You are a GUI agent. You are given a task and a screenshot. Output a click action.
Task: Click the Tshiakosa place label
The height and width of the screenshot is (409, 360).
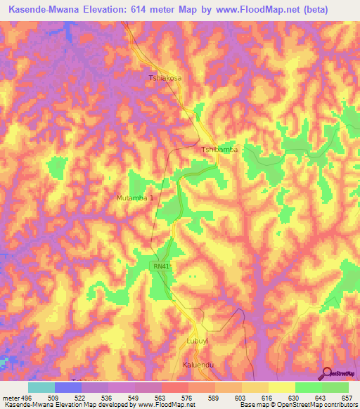(165, 78)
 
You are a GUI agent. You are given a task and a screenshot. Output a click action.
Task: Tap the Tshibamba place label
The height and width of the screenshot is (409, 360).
(220, 150)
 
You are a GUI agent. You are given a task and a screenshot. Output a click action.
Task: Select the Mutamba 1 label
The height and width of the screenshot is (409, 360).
(134, 198)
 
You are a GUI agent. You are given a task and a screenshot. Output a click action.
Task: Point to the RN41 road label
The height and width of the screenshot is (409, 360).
(162, 266)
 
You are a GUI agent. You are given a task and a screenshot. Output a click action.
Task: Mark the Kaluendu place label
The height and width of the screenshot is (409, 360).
(197, 365)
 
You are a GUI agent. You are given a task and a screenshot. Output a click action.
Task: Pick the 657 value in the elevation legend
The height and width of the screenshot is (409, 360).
(347, 396)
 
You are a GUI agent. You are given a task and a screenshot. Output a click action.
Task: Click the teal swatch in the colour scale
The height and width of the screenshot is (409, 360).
(41, 387)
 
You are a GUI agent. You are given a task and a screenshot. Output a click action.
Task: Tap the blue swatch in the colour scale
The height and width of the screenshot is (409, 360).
(67, 387)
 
